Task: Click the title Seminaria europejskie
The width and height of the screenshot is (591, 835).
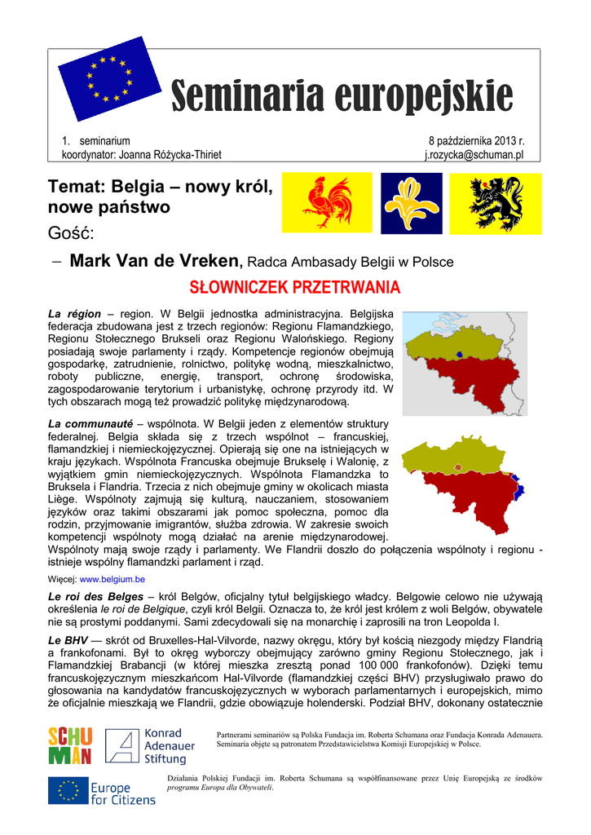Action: [x=342, y=98]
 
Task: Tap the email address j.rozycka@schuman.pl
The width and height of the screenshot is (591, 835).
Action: [x=474, y=155]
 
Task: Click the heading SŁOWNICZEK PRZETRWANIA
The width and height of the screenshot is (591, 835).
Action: [x=295, y=288]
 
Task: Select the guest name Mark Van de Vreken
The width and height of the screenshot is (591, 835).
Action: [x=156, y=261]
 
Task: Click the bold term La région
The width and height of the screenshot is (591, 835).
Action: [x=74, y=313]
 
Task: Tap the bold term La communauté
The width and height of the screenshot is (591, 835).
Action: [x=90, y=424]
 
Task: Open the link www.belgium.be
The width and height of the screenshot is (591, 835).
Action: [x=112, y=579]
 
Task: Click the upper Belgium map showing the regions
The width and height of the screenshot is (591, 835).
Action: [x=465, y=363]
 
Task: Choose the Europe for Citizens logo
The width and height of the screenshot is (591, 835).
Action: [x=101, y=791]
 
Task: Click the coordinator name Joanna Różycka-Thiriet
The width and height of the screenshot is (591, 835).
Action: [x=170, y=155]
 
